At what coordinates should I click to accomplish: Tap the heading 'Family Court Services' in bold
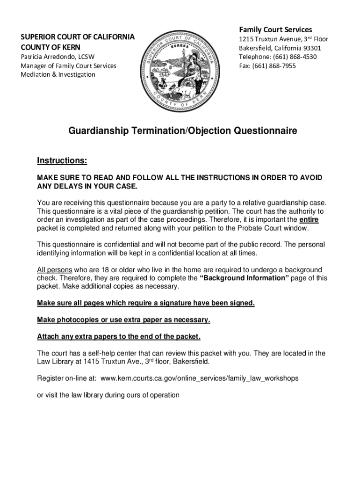pos(275,29)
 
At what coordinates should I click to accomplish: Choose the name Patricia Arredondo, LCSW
pos(58,57)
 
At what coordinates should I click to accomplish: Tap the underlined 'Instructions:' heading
pos(62,161)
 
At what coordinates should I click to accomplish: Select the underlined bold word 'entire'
pos(309,219)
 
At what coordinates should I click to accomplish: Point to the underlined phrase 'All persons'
pos(54,270)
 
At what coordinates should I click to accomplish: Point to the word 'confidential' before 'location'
pos(181,253)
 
